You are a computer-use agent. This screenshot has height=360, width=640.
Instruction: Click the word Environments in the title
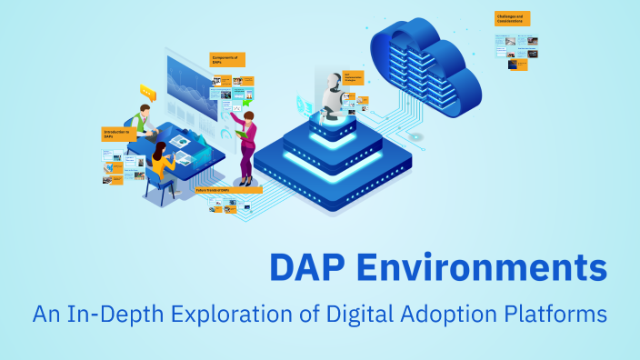tap(479, 268)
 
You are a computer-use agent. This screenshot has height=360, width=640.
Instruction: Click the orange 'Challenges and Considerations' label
tap(513, 18)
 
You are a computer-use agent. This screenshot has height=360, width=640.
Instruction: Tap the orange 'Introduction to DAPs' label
tap(116, 134)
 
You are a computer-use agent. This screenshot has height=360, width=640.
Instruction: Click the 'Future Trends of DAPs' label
tap(232, 190)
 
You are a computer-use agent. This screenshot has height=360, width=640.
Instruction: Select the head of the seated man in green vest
tap(140, 110)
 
